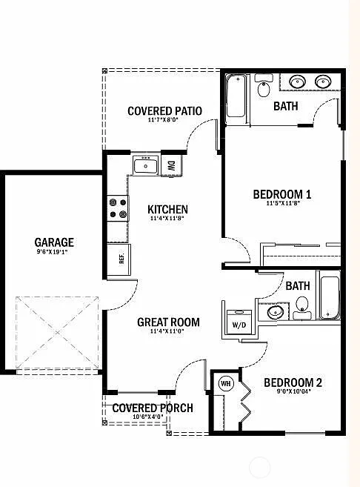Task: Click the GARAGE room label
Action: click(53, 242)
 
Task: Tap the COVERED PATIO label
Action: click(164, 111)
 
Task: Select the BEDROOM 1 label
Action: click(282, 194)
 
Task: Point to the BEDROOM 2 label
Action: click(293, 382)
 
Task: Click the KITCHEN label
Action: click(167, 210)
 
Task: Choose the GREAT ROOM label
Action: click(168, 322)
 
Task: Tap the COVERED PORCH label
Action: click(153, 408)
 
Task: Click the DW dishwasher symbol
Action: click(171, 165)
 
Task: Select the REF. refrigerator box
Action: click(120, 259)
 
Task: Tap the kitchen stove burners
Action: click(117, 208)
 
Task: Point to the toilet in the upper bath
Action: click(264, 90)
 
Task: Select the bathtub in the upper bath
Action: click(236, 97)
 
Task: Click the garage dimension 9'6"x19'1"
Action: click(53, 251)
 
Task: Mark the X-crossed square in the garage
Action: click(57, 332)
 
